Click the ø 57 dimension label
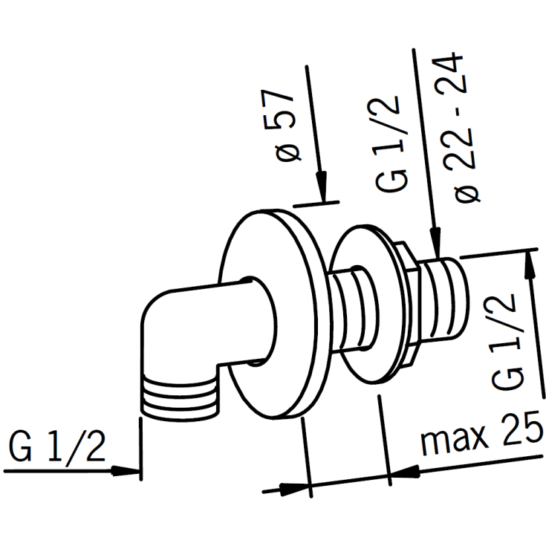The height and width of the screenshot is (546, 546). (x=282, y=126)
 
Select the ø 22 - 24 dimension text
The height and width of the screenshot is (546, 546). (x=456, y=128)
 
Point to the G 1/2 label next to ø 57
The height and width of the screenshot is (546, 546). (x=390, y=143)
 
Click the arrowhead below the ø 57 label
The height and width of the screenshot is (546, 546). (x=322, y=186)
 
